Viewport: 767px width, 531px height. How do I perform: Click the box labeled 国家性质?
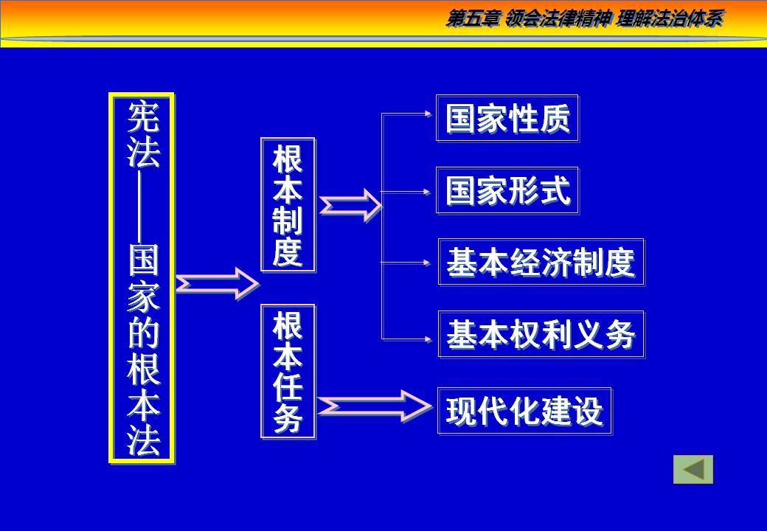tap(507, 118)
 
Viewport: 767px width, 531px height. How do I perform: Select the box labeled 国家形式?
tap(507, 191)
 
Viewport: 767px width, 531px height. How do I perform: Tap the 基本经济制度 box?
tap(541, 262)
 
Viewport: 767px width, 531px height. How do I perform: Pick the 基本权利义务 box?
tap(541, 335)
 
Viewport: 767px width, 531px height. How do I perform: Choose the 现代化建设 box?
tap(524, 411)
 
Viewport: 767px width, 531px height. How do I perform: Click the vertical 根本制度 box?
tap(288, 204)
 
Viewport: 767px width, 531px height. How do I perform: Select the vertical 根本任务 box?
tap(288, 371)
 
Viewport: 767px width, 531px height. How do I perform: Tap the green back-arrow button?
tap(693, 470)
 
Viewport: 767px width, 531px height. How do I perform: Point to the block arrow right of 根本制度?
tap(350, 205)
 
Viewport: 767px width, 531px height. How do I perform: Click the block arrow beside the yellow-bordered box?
tap(217, 283)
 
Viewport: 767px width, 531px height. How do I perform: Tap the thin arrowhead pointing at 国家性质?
tap(428, 114)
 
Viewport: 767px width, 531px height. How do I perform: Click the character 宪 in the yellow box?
tap(142, 117)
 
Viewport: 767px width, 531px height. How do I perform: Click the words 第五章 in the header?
tap(473, 20)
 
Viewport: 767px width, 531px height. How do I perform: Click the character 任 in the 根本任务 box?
tap(288, 389)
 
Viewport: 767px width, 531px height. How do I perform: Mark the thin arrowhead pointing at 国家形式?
tap(428, 192)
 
